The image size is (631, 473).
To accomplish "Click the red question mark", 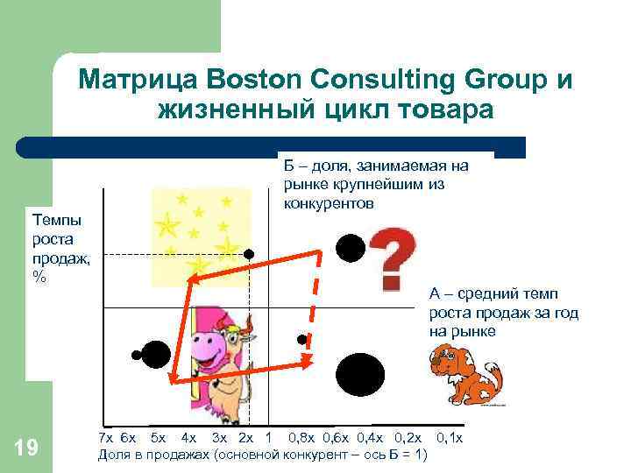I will click(x=394, y=258).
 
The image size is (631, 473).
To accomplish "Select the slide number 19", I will click(x=26, y=448).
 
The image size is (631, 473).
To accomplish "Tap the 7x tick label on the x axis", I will click(x=105, y=437).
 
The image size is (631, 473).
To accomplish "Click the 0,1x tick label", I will click(x=449, y=437).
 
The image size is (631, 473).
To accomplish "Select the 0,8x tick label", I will click(x=303, y=437).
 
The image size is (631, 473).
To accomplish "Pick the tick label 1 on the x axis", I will click(x=267, y=437).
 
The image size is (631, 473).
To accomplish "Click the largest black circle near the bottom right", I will click(x=360, y=375).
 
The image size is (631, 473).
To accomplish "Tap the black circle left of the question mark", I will click(x=351, y=248).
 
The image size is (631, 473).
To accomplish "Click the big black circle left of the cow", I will click(x=156, y=354).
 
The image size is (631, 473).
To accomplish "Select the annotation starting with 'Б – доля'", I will click(x=374, y=184).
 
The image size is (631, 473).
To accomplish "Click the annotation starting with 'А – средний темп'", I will click(x=503, y=313).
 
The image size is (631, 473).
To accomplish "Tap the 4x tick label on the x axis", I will click(x=188, y=437).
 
